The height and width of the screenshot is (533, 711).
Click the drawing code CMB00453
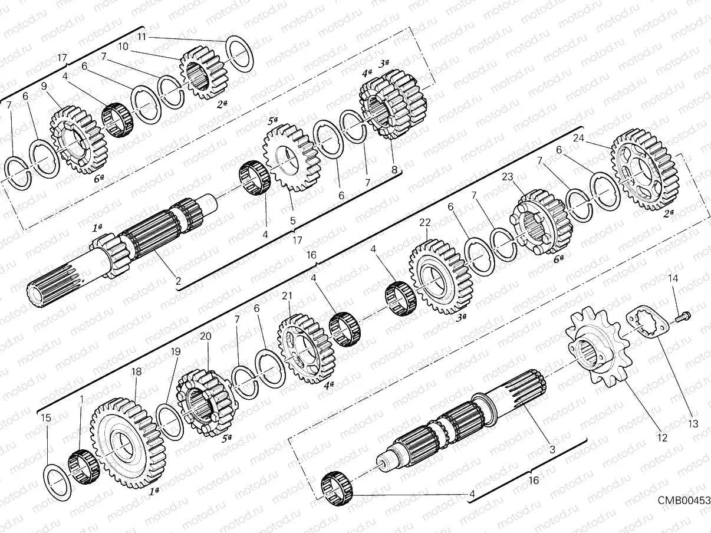click(x=684, y=500)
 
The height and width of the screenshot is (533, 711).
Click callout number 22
click(x=425, y=222)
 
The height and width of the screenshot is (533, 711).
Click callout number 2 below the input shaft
click(x=177, y=281)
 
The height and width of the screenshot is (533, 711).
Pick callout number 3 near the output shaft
click(x=552, y=450)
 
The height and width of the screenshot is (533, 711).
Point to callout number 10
click(x=123, y=45)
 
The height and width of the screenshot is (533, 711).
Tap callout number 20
click(x=205, y=336)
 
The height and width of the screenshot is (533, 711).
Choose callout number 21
click(x=287, y=295)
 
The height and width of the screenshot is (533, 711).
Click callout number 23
click(x=508, y=176)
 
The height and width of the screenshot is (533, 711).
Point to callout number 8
click(x=394, y=170)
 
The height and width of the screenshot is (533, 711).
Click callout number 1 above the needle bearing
click(x=81, y=399)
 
